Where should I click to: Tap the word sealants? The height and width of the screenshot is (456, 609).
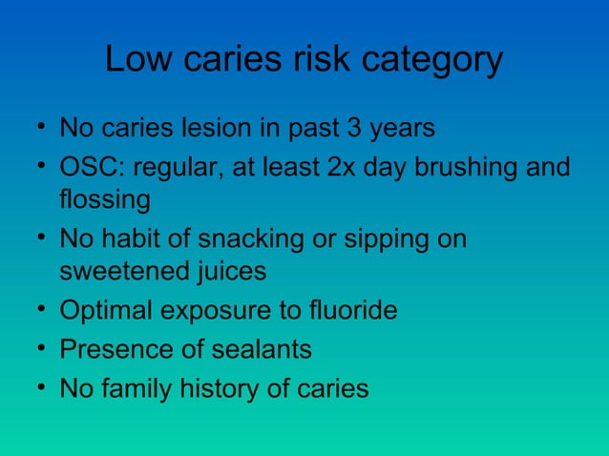pyautogui.click(x=260, y=350)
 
